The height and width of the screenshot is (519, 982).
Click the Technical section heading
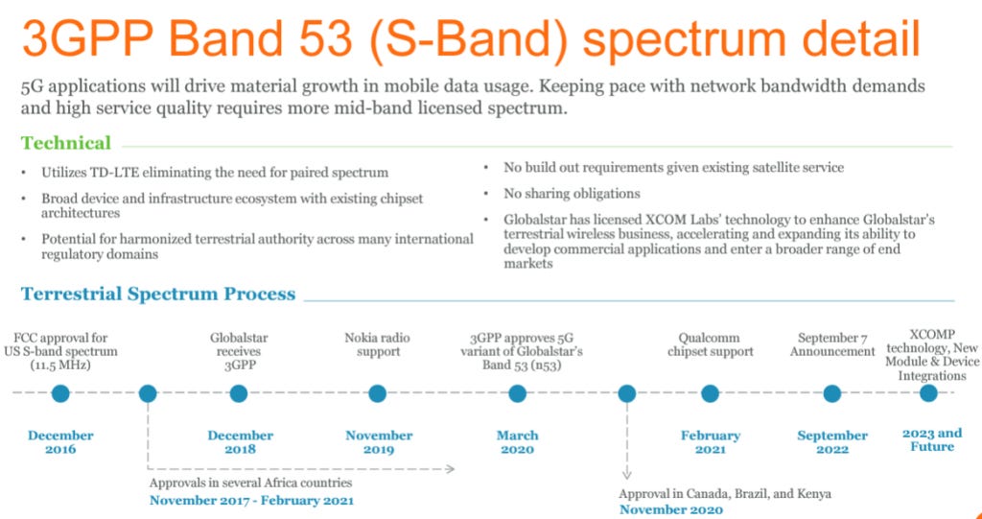click(x=66, y=143)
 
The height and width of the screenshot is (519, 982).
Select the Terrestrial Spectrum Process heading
click(x=158, y=294)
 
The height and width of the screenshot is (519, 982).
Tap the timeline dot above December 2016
click(x=60, y=393)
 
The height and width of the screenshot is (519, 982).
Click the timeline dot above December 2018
click(x=239, y=393)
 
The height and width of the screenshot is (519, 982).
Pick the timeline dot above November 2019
click(x=378, y=393)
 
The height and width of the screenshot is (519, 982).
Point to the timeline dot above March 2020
click(x=517, y=393)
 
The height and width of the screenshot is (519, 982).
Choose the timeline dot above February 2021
click(x=710, y=393)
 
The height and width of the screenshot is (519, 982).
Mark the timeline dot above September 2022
click(x=831, y=393)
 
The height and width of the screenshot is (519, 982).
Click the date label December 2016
click(x=60, y=442)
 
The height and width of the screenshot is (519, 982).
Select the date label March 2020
click(x=517, y=442)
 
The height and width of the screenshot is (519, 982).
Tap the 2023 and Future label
click(x=932, y=439)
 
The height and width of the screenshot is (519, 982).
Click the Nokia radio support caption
click(x=378, y=344)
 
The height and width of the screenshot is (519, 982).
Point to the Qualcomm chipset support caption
click(x=710, y=344)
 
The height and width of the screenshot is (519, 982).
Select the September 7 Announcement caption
click(x=831, y=344)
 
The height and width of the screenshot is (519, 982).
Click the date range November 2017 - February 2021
click(x=251, y=500)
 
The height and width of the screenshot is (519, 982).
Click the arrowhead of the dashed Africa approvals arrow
click(x=450, y=469)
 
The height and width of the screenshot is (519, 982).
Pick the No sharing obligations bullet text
click(x=572, y=193)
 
